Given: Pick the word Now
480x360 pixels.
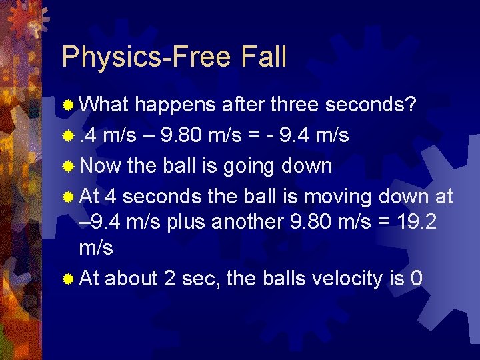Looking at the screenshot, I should tap(101, 165).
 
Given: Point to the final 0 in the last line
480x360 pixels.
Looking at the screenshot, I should tap(417, 278).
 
